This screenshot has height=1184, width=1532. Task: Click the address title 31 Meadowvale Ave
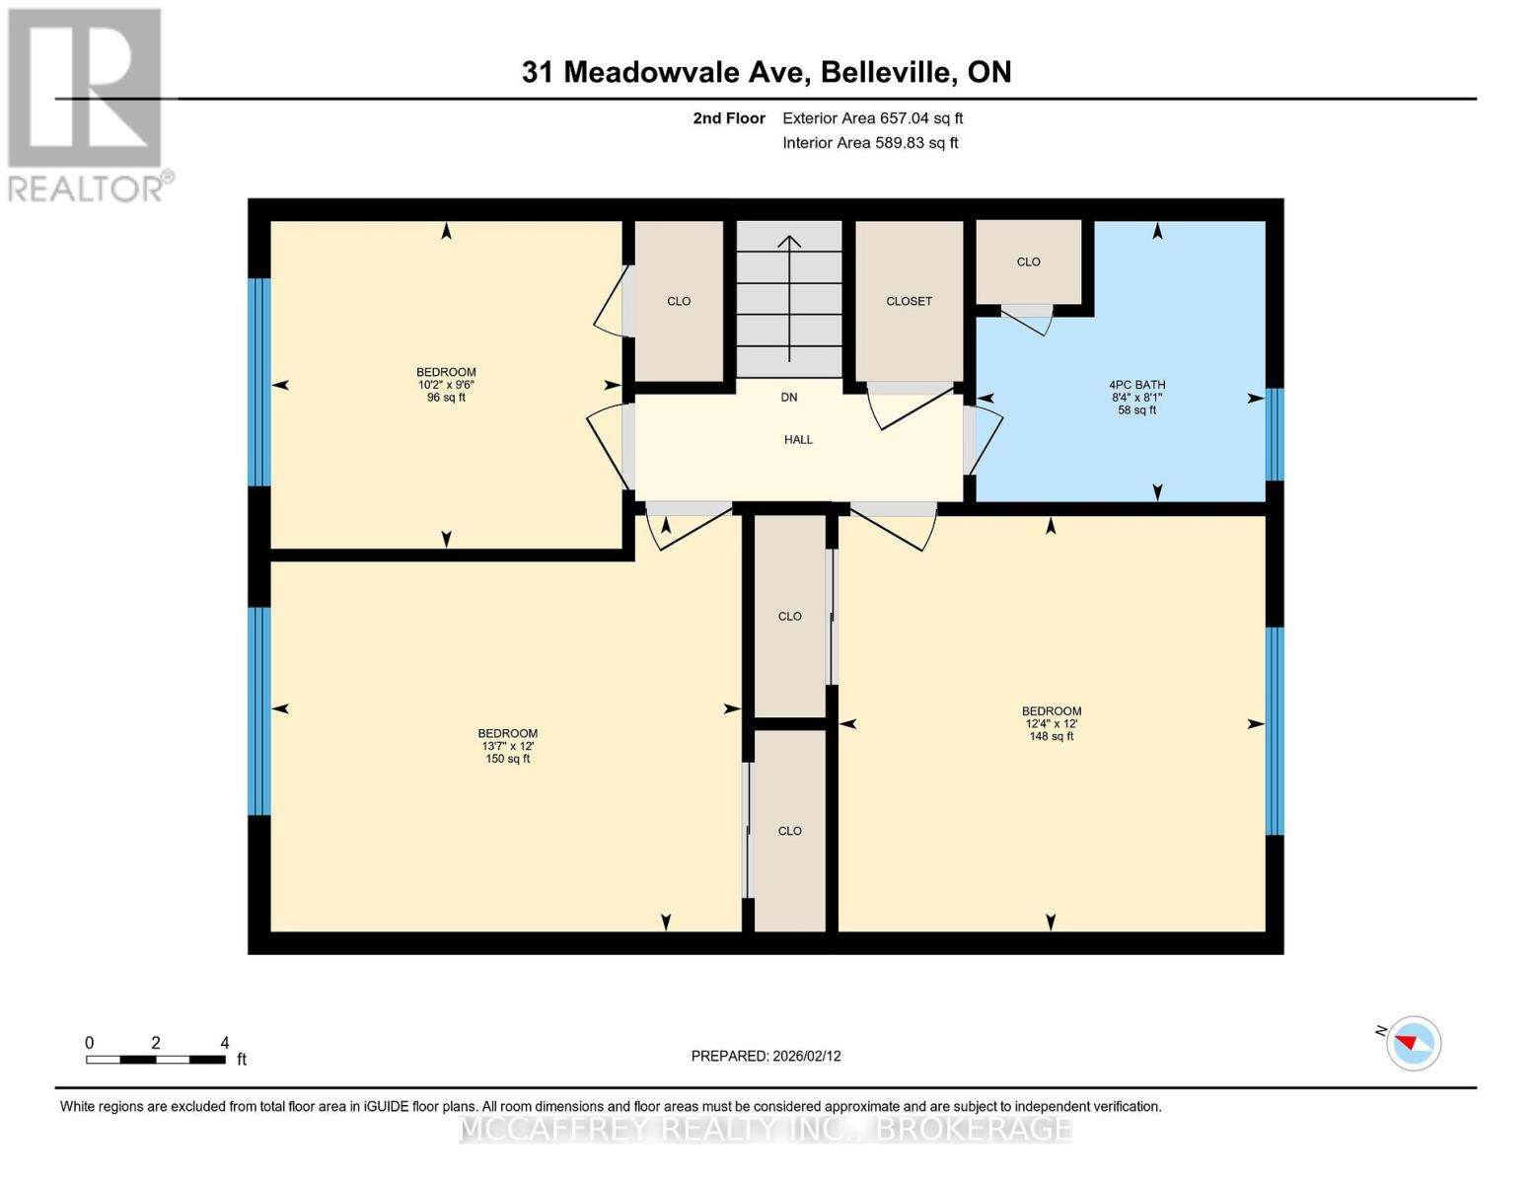[766, 72]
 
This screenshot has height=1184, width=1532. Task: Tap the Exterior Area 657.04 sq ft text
[872, 118]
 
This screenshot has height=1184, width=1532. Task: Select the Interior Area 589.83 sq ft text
[870, 143]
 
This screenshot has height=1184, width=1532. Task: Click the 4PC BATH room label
[1136, 397]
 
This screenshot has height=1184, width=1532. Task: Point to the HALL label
[798, 440]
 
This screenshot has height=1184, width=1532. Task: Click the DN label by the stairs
[789, 398]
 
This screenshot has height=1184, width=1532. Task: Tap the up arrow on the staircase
[789, 296]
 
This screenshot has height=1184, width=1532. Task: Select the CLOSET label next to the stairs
[909, 301]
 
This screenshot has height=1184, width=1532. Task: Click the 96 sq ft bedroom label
[446, 385]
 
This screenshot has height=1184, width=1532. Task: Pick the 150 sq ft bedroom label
[507, 745]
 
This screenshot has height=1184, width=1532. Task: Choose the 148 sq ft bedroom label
[1051, 723]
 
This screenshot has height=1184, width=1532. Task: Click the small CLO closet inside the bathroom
[1028, 261]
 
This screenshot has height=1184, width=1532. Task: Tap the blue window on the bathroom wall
[1275, 434]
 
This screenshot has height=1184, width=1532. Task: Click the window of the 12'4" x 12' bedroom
[1275, 731]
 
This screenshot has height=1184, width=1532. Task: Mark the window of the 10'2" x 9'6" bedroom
[258, 382]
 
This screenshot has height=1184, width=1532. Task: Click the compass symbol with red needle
[1413, 1043]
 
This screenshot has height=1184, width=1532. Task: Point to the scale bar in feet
[156, 1060]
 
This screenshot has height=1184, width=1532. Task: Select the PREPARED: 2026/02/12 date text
[766, 1056]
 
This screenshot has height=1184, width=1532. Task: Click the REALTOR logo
[87, 104]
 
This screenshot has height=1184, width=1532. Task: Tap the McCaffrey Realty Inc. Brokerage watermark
[766, 1129]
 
